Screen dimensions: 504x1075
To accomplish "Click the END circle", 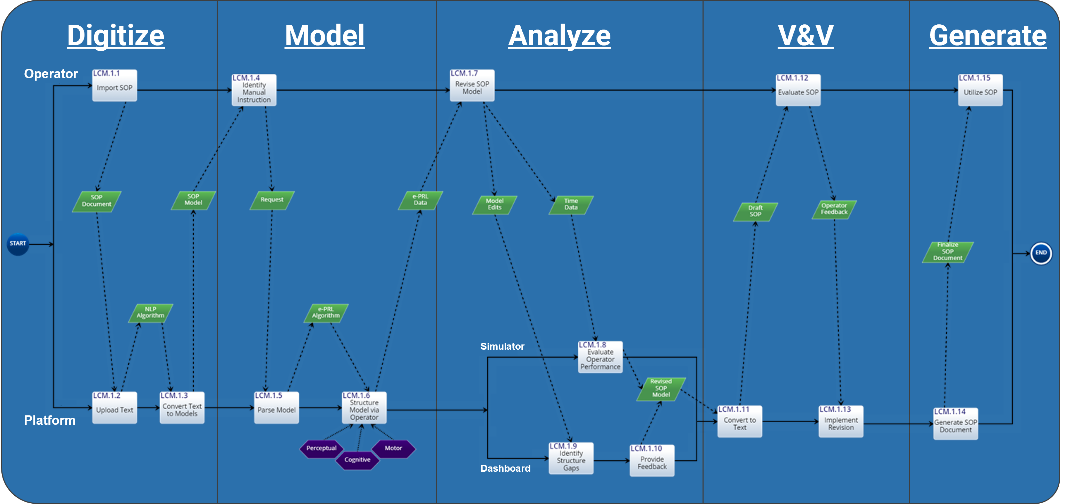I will tap(1041, 253).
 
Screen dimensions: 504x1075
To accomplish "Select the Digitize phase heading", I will tap(115, 35).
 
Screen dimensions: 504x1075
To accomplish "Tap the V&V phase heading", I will tap(805, 35).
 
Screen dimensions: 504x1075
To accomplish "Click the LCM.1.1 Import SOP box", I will tap(114, 86).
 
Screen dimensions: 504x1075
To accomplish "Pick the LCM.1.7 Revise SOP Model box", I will tap(472, 86).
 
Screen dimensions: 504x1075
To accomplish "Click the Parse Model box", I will tap(276, 408).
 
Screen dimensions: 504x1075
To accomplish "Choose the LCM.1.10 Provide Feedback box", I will tap(652, 461).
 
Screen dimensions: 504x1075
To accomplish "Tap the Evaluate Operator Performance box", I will tap(600, 357).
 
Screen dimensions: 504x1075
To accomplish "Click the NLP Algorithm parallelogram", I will tap(151, 313).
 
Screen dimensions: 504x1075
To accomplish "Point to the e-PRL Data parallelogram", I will tap(420, 200).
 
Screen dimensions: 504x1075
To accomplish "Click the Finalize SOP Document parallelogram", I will tap(948, 252).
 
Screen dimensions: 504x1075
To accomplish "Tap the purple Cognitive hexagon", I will tap(357, 460).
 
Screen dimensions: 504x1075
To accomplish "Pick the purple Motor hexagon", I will tap(393, 448).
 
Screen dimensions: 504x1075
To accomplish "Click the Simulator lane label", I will tap(502, 346).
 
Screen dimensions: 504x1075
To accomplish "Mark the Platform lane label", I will tap(50, 420).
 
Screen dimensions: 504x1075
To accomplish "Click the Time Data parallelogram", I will tap(571, 205).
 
